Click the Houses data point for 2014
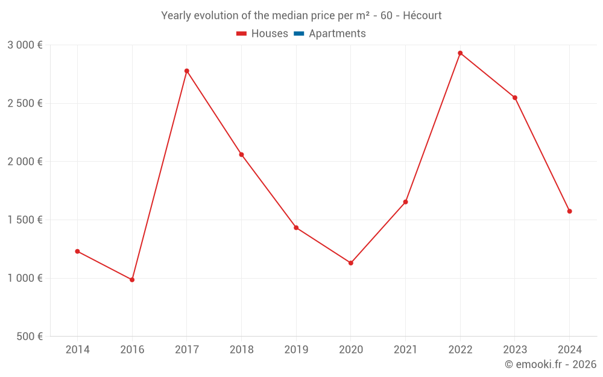[77, 251]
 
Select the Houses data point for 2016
[132, 280]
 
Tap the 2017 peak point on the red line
[187, 71]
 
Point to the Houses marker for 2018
[241, 155]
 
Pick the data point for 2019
[296, 227]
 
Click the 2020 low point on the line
[351, 263]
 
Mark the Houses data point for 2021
[405, 202]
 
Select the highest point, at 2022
[460, 53]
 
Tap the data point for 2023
[515, 98]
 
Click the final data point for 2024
[569, 211]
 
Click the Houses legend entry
[262, 34]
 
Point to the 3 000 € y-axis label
[25, 45]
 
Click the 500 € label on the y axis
[28, 337]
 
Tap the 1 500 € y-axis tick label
[25, 220]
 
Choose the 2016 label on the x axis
[132, 350]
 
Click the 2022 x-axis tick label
[460, 350]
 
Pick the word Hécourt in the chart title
[422, 15]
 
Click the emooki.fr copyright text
[551, 364]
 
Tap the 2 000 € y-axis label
[25, 162]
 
